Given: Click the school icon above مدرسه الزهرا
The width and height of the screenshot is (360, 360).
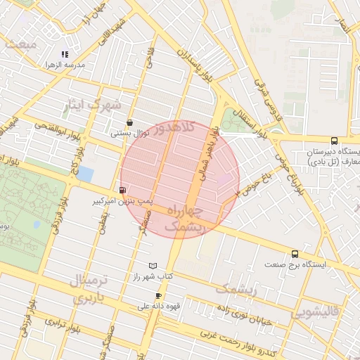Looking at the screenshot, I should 65,54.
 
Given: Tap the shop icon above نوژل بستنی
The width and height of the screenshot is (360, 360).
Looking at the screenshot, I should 129,122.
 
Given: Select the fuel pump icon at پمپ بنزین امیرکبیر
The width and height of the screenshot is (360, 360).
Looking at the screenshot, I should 123,190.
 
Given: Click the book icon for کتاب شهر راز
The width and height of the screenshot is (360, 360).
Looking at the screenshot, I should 154,266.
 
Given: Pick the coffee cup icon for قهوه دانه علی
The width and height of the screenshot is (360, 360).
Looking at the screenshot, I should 158,295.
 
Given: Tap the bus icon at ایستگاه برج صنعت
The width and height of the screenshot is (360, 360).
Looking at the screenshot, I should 295,254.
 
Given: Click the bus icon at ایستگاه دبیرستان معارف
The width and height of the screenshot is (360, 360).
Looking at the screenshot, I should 333,141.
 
